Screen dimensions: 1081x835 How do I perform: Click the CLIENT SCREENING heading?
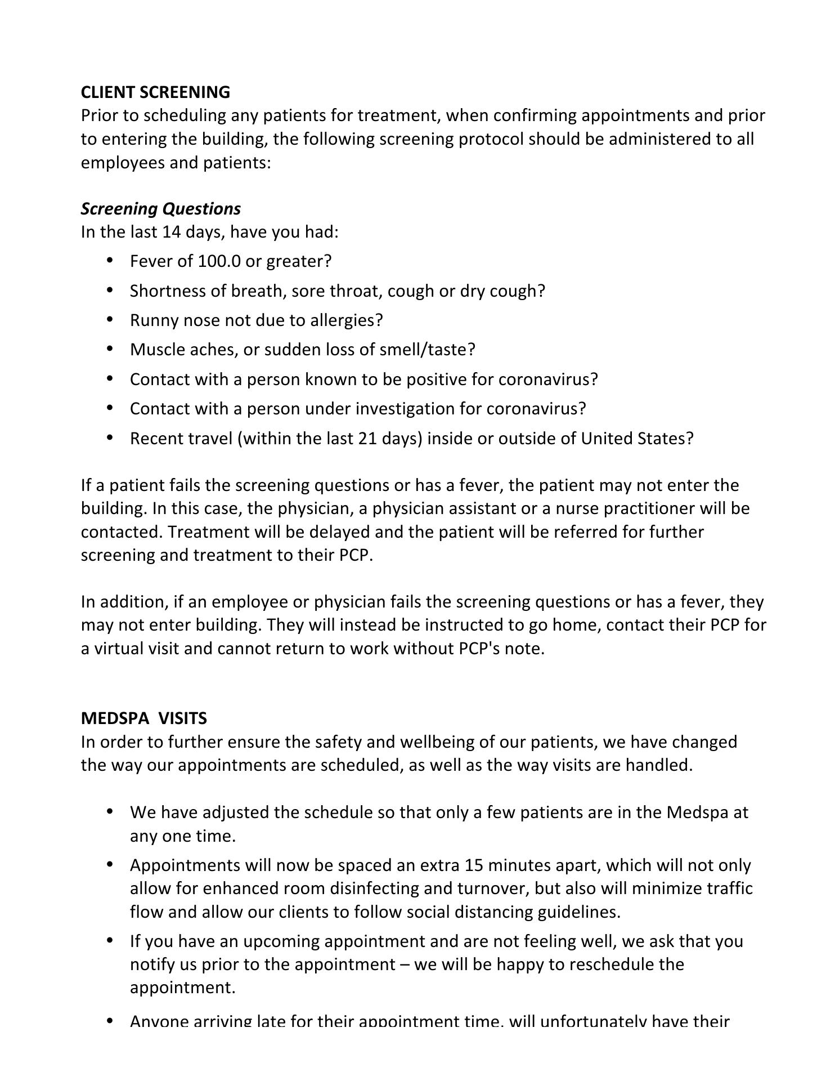pos(155,92)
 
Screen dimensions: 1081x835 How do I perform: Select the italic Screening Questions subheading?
pos(160,209)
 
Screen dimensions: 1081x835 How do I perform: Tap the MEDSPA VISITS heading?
pos(143,718)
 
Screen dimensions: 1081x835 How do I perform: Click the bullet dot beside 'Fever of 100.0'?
pos(110,260)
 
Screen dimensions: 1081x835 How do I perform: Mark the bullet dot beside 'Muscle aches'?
pos(110,349)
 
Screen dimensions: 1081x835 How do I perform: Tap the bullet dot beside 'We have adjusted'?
pos(110,811)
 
